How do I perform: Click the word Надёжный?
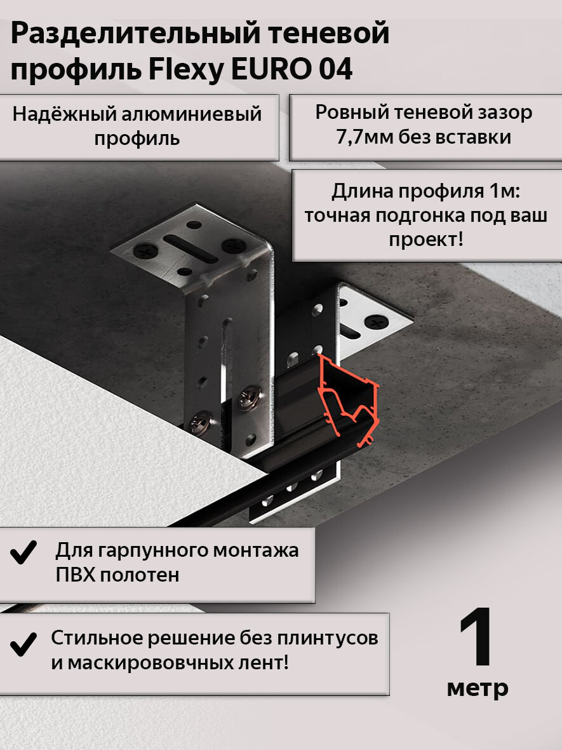pos(65,114)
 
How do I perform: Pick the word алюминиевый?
pos(192,115)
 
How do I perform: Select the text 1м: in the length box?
pos(504,191)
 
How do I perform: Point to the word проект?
pos(426,239)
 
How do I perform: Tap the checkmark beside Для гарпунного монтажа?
pos(23,552)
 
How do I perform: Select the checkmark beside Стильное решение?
pos(23,644)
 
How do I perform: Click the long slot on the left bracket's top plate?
pos(191,249)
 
